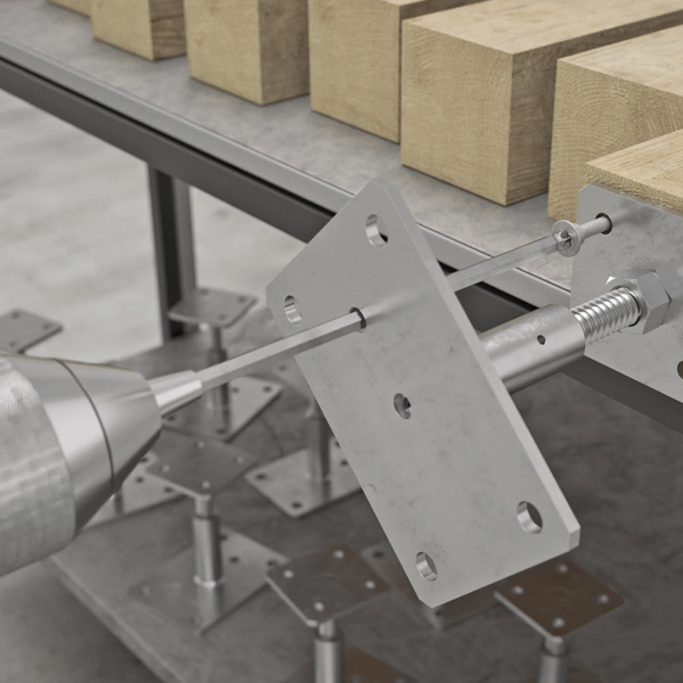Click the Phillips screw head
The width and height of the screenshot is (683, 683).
coord(565,238)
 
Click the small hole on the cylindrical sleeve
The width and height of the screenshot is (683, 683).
coord(541,340)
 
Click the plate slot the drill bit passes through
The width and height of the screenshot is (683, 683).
coord(357,318)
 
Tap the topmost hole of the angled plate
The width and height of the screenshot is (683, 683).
coord(374,230)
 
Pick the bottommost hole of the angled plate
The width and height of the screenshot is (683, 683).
coord(426,565)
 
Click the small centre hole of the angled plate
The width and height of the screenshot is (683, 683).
coord(402,405)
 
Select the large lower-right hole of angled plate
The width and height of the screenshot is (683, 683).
coord(529,517)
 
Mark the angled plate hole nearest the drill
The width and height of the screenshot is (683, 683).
coord(292,310)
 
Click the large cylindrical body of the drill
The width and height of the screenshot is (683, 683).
coord(44,455)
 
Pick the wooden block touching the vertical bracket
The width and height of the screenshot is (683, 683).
coord(639,168)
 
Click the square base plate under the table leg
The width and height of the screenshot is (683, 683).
coord(212,307)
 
